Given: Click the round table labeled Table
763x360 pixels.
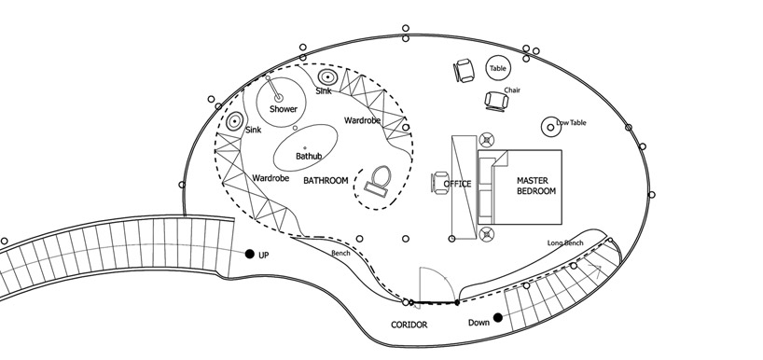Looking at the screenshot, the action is pyautogui.click(x=498, y=68).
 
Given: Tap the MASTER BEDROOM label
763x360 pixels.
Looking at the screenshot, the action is pyautogui.click(x=535, y=186).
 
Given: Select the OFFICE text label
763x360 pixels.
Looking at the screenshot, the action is pyautogui.click(x=457, y=184).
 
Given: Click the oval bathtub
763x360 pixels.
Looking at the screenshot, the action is pyautogui.click(x=306, y=147).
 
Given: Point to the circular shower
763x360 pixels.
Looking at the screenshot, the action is pyautogui.click(x=282, y=103).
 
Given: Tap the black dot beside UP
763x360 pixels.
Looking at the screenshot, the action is pyautogui.click(x=250, y=254).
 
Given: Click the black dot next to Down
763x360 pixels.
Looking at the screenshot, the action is pyautogui.click(x=498, y=318).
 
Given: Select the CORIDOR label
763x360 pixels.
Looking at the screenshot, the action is pyautogui.click(x=409, y=325).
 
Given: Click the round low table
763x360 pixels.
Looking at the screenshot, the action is pyautogui.click(x=551, y=128).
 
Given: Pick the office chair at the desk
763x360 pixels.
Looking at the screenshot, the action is pyautogui.click(x=440, y=183).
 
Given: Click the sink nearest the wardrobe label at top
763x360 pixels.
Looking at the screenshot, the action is pyautogui.click(x=327, y=76).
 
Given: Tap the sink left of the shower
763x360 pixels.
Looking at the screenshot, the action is pyautogui.click(x=234, y=121).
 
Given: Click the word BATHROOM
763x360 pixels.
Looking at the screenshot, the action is pyautogui.click(x=326, y=181).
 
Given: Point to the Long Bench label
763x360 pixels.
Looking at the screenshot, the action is pyautogui.click(x=565, y=242).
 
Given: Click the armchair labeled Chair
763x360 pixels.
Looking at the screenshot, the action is pyautogui.click(x=497, y=101).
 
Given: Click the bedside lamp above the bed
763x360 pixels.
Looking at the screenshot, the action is pyautogui.click(x=487, y=140).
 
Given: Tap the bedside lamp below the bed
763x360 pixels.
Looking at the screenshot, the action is pyautogui.click(x=487, y=234).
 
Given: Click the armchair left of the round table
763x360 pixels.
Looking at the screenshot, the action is pyautogui.click(x=464, y=71).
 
